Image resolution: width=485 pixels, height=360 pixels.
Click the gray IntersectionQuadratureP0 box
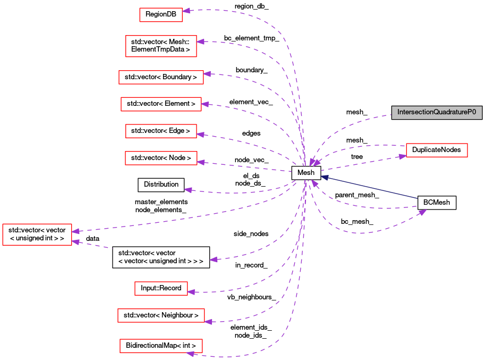point(437,113)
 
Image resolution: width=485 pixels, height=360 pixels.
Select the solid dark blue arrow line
point(372,188)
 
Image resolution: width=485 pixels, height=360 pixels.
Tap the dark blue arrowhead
point(324,178)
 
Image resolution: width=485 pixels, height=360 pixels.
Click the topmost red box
point(160,15)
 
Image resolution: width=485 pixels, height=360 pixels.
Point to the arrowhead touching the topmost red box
point(186,11)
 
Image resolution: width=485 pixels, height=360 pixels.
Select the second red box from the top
point(161,46)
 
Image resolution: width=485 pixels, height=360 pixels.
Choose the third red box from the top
point(161,77)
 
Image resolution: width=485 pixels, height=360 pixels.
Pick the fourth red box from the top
point(161,104)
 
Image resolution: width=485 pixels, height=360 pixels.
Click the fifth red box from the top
point(161,131)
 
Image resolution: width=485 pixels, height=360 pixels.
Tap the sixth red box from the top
point(161,158)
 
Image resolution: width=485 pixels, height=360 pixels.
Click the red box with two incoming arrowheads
point(37,235)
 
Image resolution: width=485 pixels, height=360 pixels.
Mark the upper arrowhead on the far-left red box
point(76,231)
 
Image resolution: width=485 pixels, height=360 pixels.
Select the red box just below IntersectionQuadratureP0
point(437,150)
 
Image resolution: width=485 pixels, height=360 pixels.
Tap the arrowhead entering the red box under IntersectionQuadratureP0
point(402,156)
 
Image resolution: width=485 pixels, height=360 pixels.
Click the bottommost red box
point(161,346)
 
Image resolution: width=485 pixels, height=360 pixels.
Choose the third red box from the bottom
point(161,288)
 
